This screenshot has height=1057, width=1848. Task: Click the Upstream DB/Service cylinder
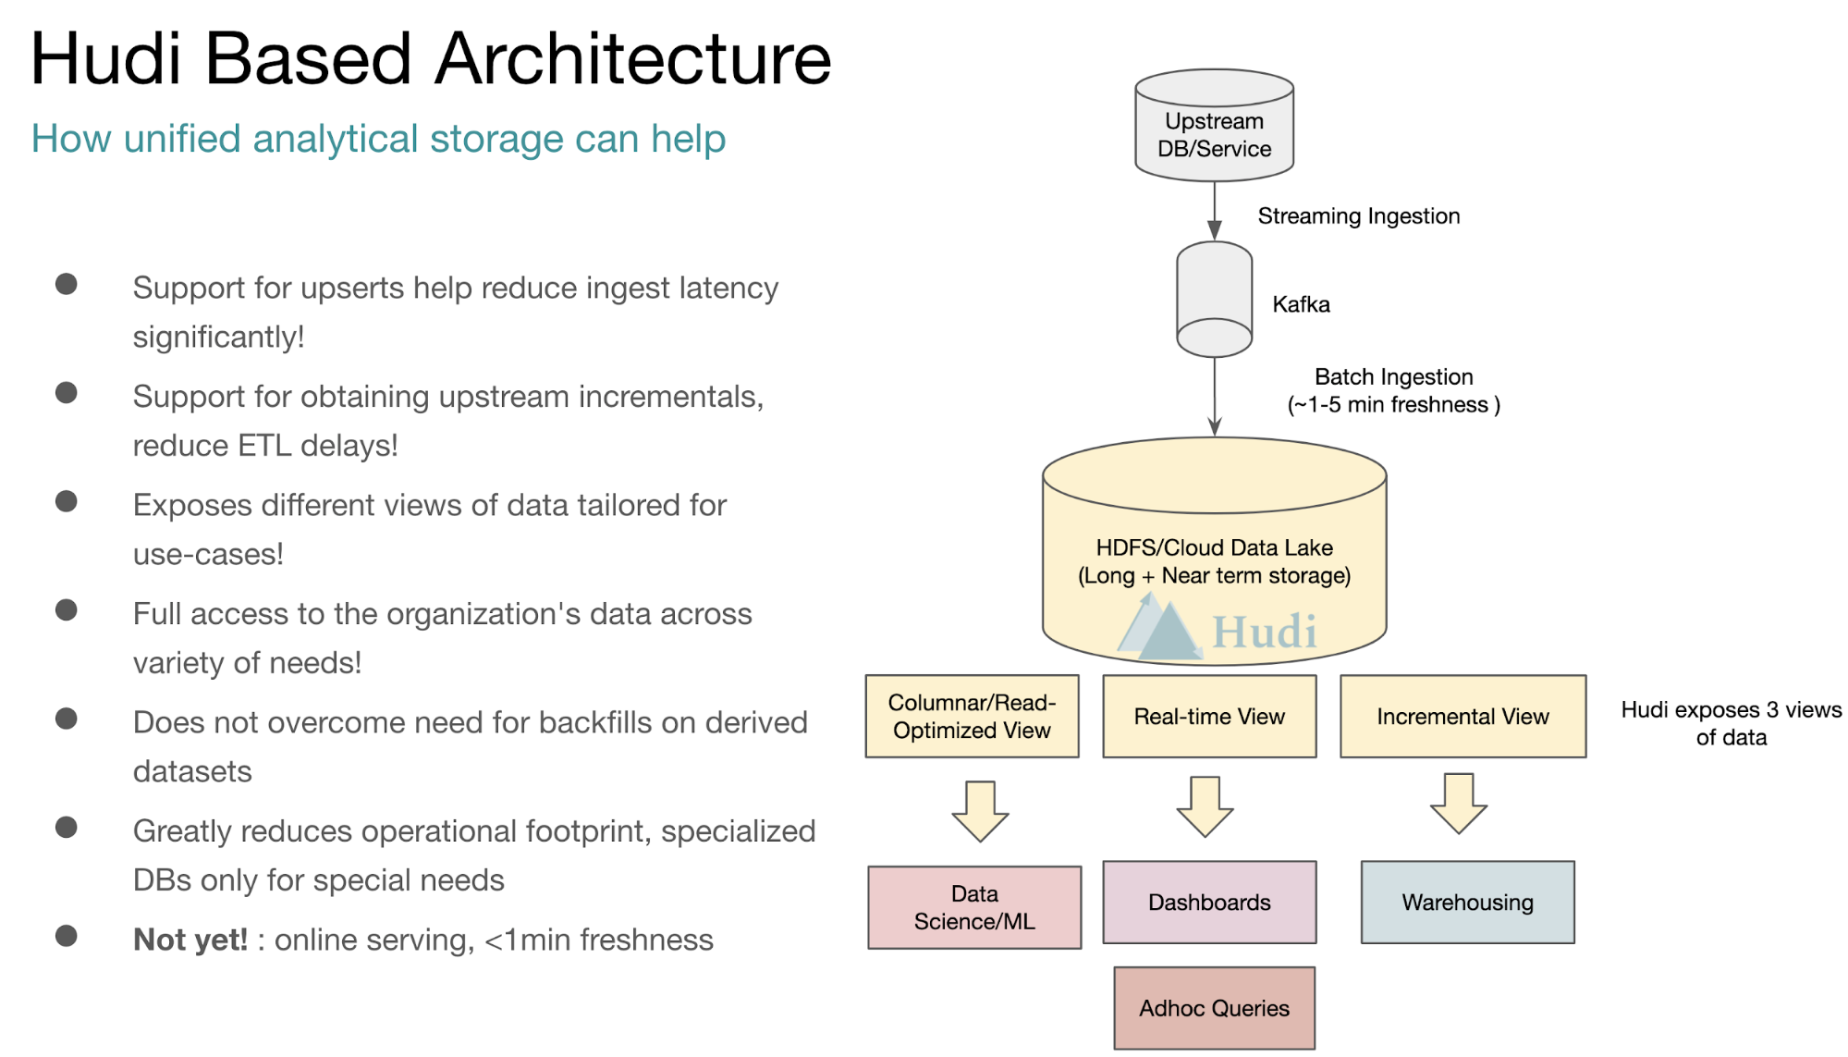point(1214,125)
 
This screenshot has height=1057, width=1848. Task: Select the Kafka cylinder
point(1214,299)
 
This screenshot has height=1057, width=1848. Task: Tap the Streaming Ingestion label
point(1358,216)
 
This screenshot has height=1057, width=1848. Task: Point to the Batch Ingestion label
point(1394,390)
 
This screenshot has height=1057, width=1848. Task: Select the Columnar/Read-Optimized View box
point(972,717)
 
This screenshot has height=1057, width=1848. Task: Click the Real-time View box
point(1209,717)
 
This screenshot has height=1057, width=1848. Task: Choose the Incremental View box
point(1462,717)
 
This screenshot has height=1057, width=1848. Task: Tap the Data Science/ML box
point(974,907)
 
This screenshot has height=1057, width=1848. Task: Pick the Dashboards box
point(1209,903)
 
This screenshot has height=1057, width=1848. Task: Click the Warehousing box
point(1467,903)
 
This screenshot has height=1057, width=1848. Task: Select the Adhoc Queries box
point(1214,1008)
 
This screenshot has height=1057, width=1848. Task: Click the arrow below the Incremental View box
point(1459,804)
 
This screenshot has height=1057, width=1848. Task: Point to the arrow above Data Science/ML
point(980,811)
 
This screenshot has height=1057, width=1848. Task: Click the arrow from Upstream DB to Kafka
point(1215,211)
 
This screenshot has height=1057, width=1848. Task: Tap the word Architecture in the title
point(633,59)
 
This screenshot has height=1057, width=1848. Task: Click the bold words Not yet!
point(190,940)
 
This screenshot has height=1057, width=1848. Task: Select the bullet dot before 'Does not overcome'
point(67,719)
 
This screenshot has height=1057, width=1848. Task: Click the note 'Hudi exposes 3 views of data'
point(1731,723)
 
